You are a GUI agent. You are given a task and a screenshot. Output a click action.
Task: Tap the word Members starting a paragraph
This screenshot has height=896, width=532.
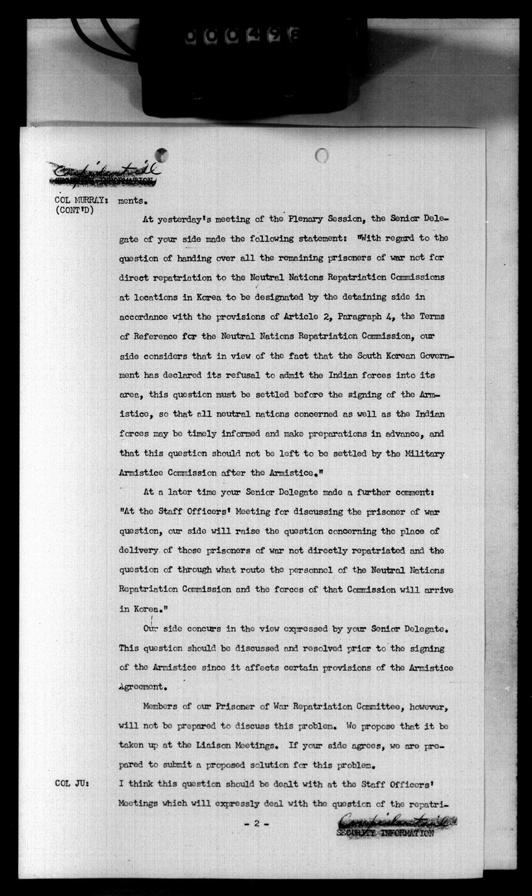pyautogui.click(x=162, y=706)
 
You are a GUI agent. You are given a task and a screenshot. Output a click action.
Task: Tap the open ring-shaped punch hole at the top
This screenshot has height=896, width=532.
pyautogui.click(x=322, y=156)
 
